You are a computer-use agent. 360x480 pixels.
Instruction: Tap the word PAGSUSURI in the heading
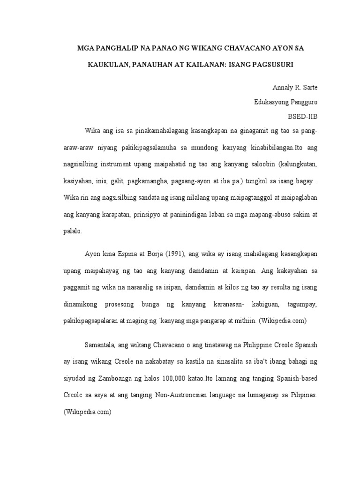point(270,65)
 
